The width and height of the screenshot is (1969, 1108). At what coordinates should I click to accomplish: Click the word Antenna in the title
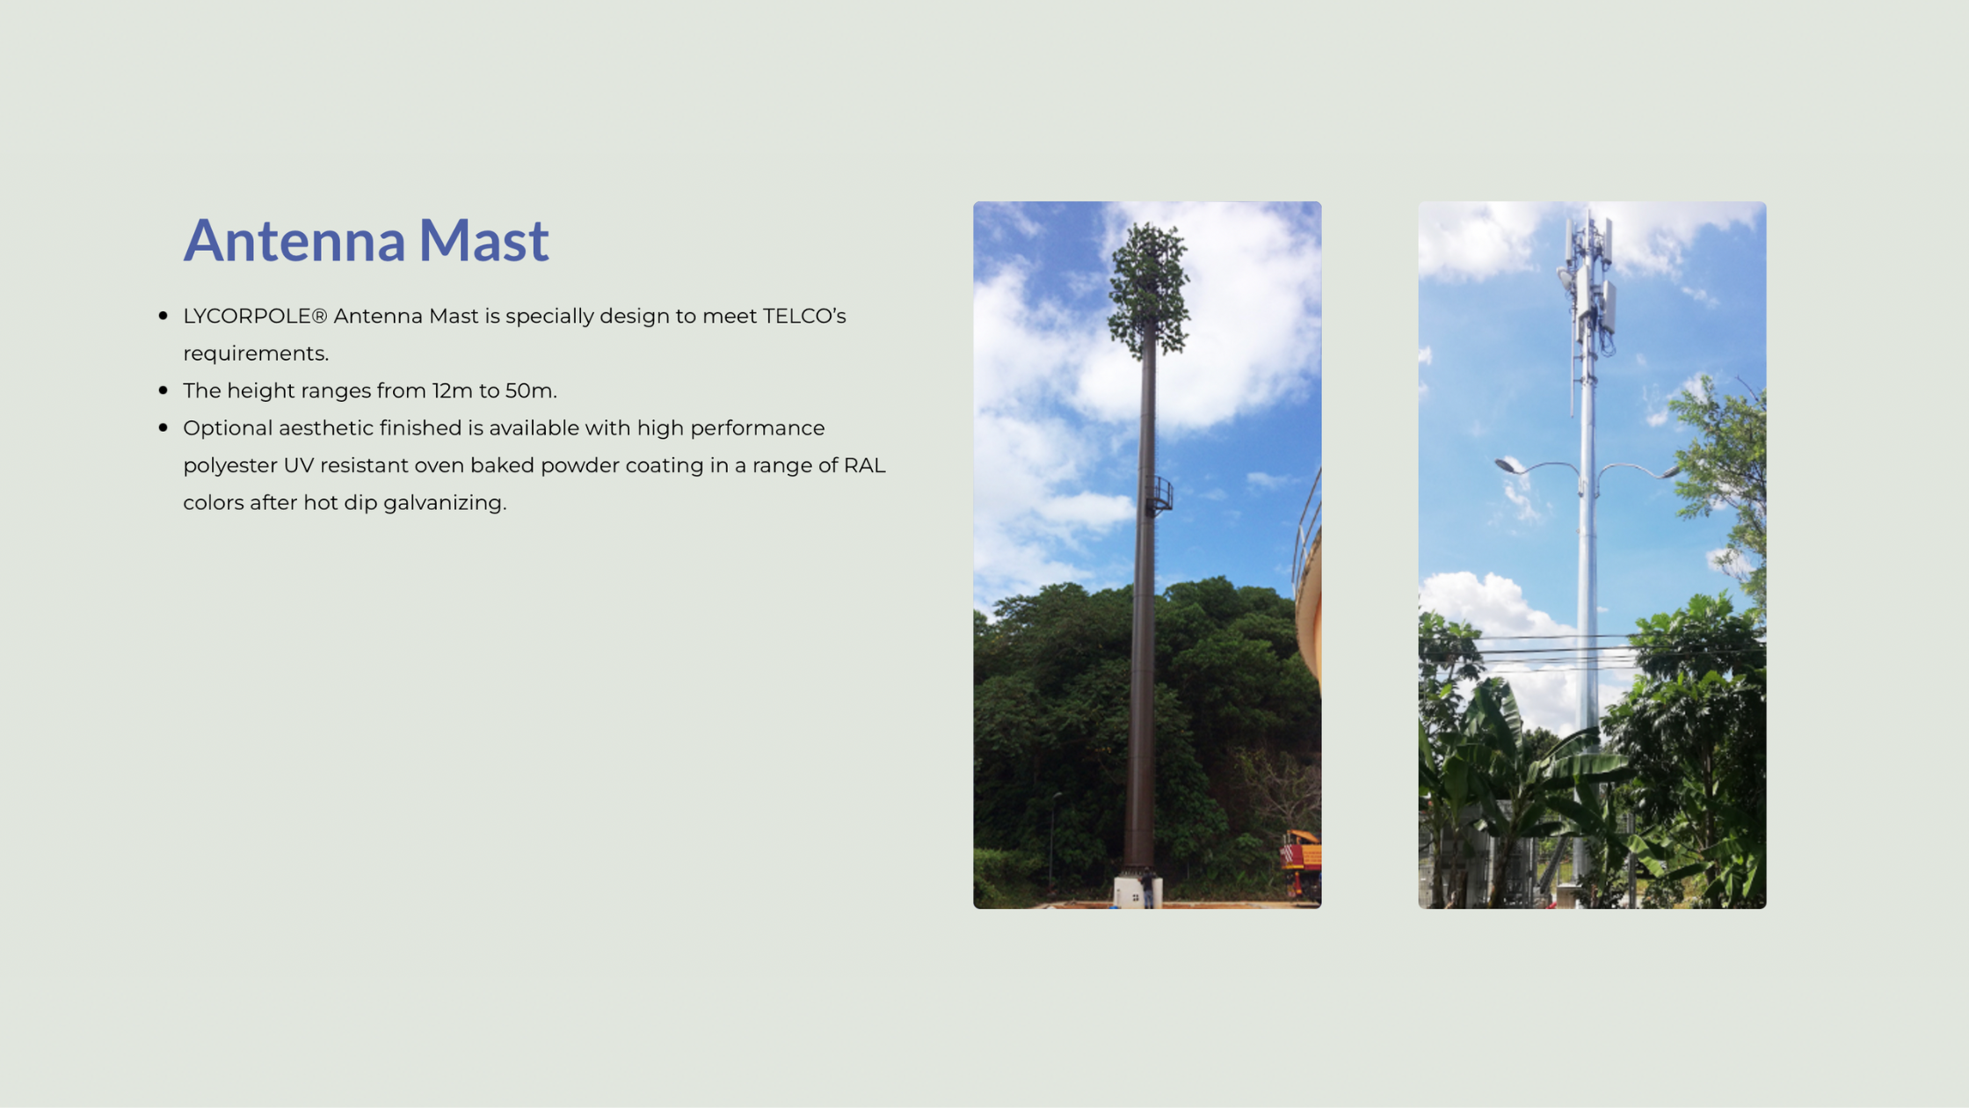[294, 240]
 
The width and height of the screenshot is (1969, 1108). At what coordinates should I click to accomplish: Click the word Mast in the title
[483, 240]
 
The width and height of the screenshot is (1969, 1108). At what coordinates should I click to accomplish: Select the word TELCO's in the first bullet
[804, 317]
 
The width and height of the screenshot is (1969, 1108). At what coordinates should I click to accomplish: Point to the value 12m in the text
[452, 390]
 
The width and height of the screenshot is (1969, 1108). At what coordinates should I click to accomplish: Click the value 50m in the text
[530, 390]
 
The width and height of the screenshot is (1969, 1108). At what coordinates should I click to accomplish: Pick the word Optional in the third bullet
[228, 429]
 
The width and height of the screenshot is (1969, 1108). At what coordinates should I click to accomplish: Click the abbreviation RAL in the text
[864, 465]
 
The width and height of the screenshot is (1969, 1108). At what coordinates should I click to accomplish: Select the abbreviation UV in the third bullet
[298, 465]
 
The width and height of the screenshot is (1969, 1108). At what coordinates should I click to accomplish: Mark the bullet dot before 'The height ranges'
[163, 390]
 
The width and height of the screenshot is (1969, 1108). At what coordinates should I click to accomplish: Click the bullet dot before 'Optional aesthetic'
[163, 427]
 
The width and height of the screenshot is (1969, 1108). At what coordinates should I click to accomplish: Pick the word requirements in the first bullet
[256, 354]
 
